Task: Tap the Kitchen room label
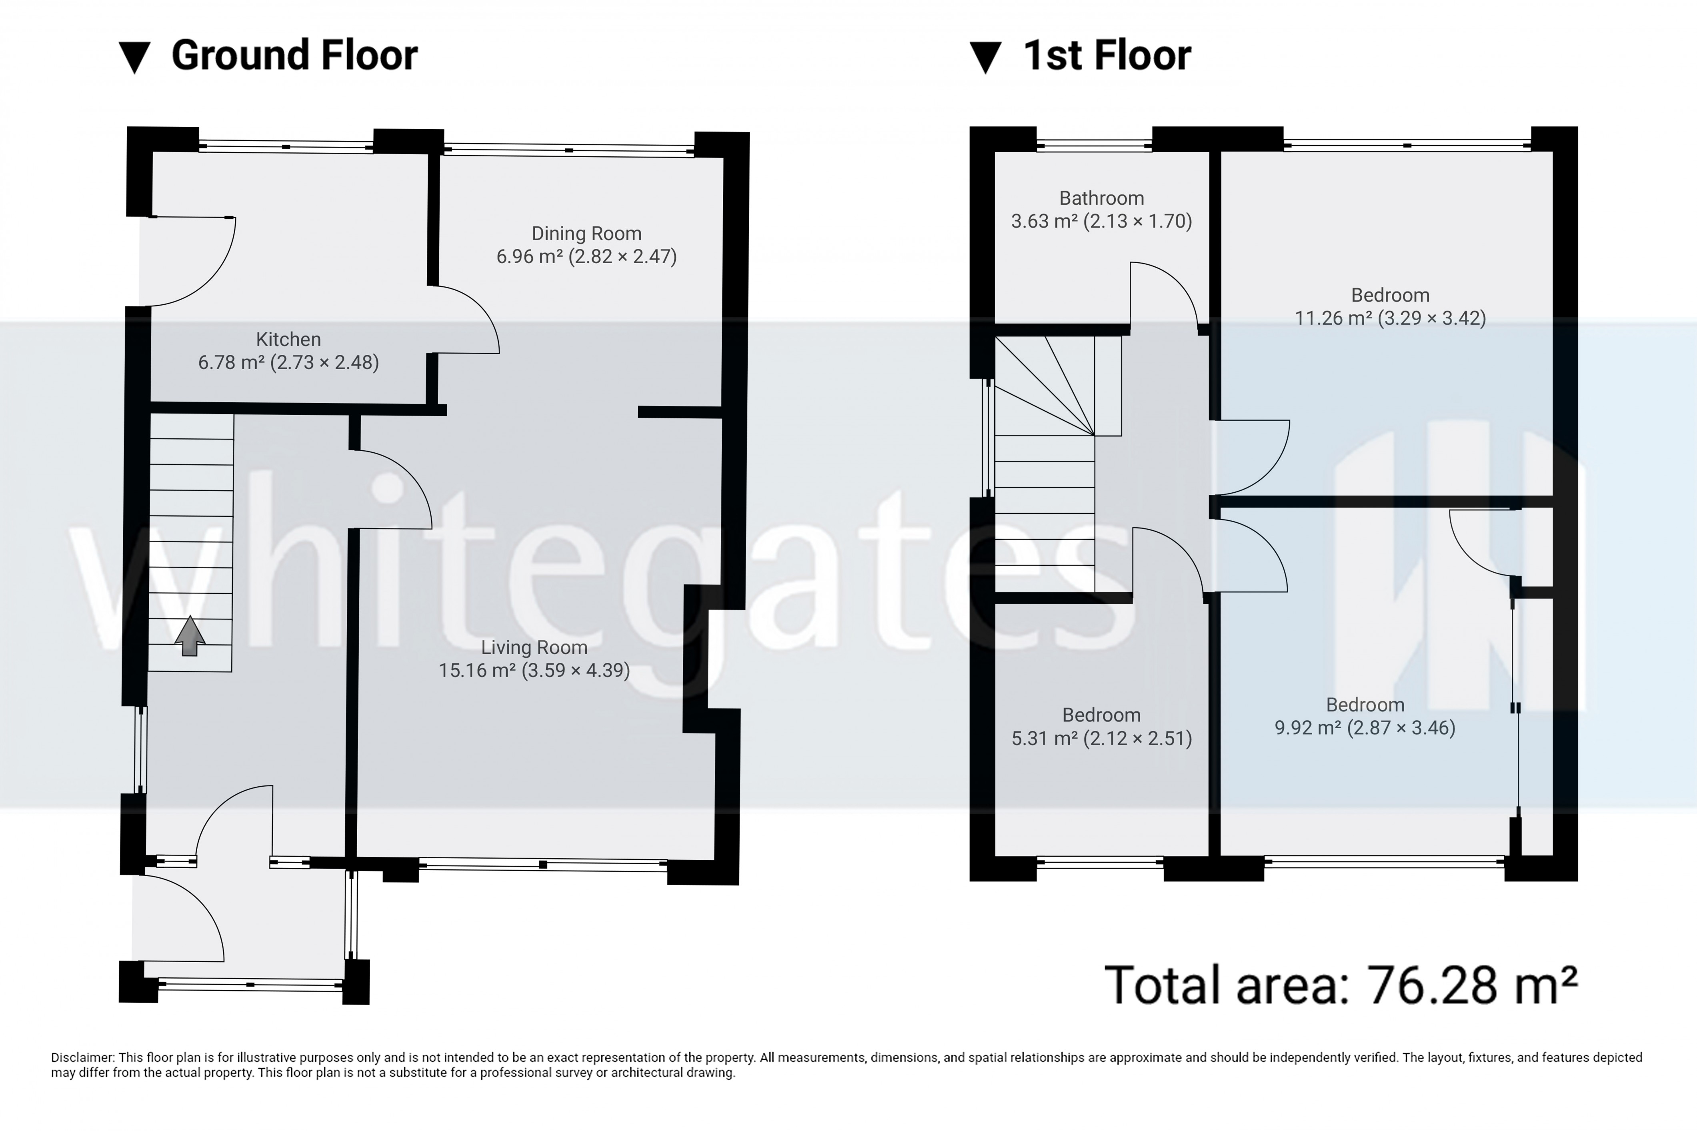pos(288,339)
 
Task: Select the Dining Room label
pos(586,234)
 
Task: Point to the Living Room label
pos(534,648)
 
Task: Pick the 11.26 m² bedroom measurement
pos(1390,318)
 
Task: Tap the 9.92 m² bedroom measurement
pos(1365,728)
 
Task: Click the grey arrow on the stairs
pos(190,636)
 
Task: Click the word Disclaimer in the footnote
pos(82,1057)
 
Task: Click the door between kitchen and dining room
pos(465,321)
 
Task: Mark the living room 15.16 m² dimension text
pos(534,671)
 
